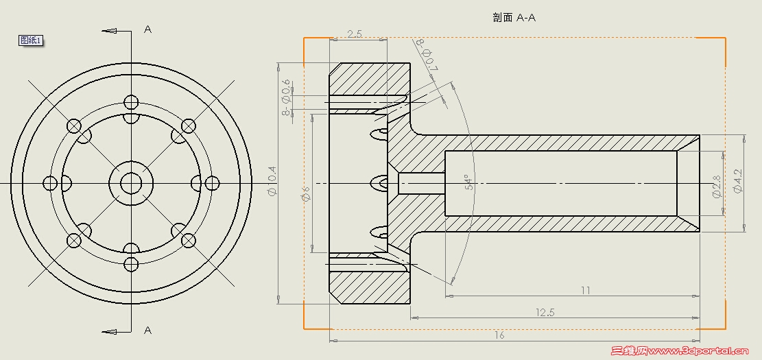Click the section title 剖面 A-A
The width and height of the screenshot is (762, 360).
click(514, 18)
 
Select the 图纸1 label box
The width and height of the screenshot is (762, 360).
click(31, 40)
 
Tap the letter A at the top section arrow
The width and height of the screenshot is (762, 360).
click(147, 29)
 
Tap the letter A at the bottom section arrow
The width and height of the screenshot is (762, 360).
click(147, 331)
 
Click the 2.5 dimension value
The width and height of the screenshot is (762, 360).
click(355, 34)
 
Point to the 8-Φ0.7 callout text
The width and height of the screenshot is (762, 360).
click(426, 55)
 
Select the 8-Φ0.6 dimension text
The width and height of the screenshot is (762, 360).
click(286, 97)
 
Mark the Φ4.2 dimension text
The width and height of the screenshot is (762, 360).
click(738, 181)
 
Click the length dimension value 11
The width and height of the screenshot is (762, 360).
click(585, 290)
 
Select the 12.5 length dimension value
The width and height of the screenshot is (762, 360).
click(545, 312)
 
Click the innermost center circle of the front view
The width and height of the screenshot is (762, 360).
click(131, 183)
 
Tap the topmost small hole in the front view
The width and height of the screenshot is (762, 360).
click(131, 103)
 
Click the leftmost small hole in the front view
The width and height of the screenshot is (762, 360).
click(50, 183)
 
